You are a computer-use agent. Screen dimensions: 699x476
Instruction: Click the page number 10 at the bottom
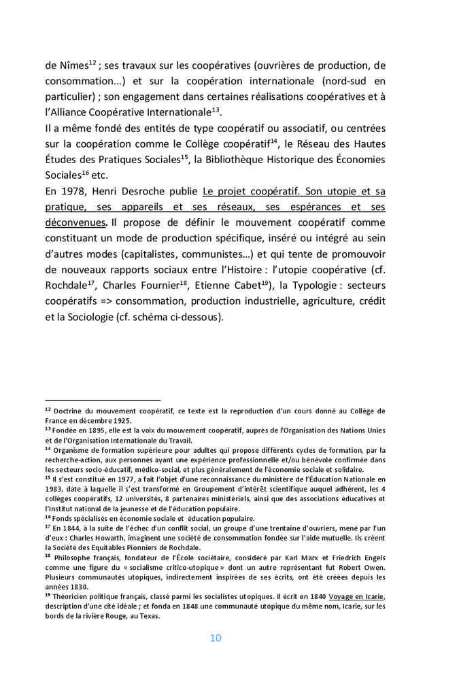(215, 638)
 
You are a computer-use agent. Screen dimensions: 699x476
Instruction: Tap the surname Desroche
(163, 192)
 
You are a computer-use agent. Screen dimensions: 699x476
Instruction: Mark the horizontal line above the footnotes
(103, 400)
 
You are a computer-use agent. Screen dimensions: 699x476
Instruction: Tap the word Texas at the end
(148, 616)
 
